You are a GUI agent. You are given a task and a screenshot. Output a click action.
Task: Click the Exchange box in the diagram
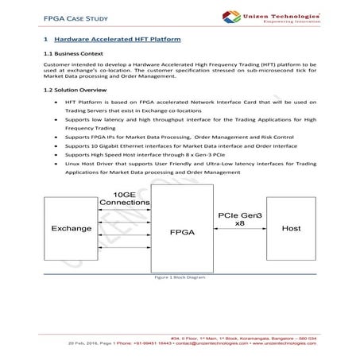72,230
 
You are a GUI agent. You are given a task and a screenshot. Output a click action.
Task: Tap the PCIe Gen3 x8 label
238,219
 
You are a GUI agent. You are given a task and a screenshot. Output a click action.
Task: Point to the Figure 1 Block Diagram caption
180,279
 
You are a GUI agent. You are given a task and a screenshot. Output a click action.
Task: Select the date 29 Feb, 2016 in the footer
64,345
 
